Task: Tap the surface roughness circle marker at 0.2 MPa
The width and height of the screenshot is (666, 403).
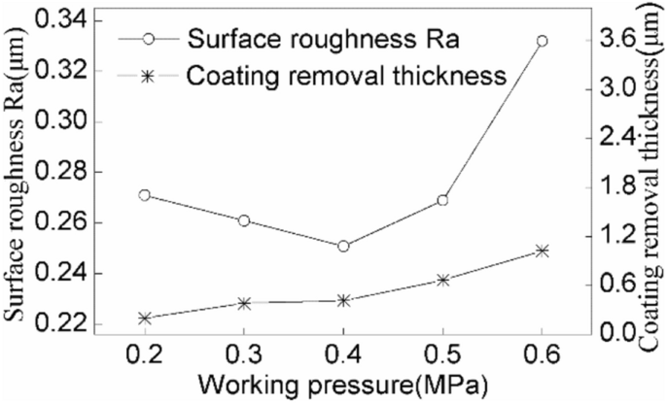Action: point(145,195)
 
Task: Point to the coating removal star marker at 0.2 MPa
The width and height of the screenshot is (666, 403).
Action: point(145,319)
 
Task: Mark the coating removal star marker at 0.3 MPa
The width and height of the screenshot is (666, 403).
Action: point(244,303)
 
